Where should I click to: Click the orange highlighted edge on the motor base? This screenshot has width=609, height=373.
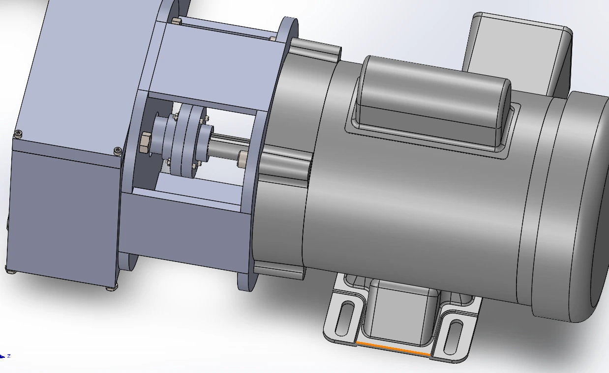pyautogui.click(x=394, y=348)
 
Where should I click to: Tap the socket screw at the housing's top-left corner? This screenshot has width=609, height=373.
pyautogui.click(x=19, y=133)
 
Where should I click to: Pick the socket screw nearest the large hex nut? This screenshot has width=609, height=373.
pyautogui.click(x=117, y=151)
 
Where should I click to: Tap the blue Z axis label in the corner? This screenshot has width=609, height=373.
pyautogui.click(x=8, y=356)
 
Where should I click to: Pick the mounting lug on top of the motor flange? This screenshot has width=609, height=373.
pyautogui.click(x=315, y=49)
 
